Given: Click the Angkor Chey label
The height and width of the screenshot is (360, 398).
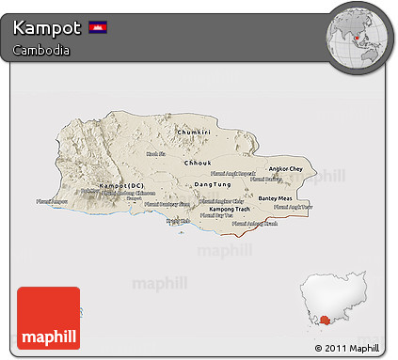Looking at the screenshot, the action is pos(286,169).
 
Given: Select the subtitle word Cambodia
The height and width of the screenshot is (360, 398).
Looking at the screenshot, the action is pos(40,50).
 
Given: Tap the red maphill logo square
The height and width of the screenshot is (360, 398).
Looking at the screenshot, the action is pos(48,318).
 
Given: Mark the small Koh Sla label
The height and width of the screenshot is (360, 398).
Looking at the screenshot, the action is pos(155,153).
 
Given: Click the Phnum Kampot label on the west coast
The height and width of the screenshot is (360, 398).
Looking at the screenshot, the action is pos(52,201).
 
